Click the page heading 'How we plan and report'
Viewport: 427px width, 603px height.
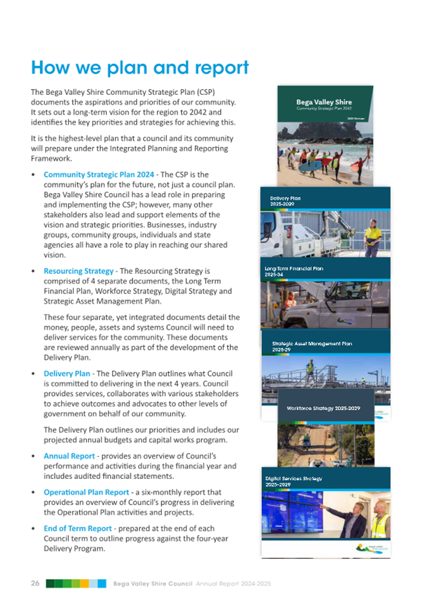click(140, 68)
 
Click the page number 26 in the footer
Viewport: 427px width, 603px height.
click(35, 583)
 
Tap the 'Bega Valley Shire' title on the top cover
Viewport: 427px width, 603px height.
click(325, 102)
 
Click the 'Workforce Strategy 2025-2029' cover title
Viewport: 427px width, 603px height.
click(323, 408)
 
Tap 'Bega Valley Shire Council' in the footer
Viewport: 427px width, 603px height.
click(152, 583)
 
